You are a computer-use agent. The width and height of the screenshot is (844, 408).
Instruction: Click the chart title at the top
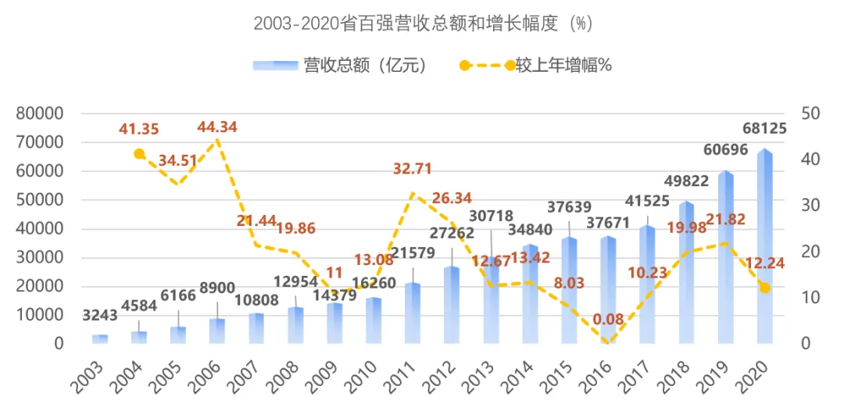(423, 23)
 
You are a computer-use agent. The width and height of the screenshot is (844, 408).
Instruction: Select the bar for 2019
(726, 258)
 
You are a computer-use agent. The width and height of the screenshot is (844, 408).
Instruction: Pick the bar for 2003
(100, 339)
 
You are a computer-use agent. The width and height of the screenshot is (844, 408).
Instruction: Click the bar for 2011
(413, 313)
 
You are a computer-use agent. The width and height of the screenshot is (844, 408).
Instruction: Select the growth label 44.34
(217, 127)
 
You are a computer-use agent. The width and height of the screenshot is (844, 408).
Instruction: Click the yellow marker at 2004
(139, 154)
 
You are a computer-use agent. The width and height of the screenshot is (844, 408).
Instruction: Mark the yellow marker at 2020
(765, 288)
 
